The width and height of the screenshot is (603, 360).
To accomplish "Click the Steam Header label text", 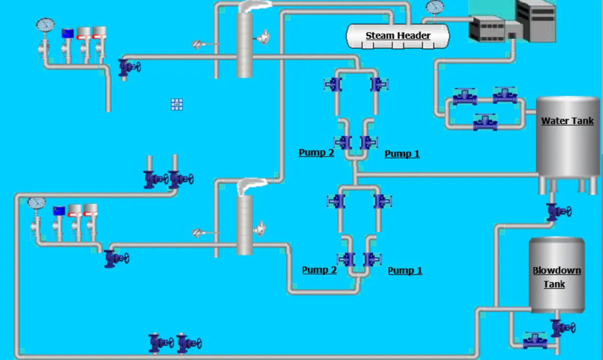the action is [x=397, y=35].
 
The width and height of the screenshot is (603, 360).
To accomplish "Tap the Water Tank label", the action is [x=567, y=121].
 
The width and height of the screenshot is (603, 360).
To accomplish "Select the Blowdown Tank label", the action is [x=556, y=277].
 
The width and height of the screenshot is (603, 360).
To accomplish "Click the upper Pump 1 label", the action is [x=402, y=154].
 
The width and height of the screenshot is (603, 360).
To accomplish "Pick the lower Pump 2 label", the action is [x=319, y=270].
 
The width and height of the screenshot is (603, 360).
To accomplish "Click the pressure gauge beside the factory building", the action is [x=435, y=7].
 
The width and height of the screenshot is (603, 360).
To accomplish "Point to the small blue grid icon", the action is [x=177, y=104].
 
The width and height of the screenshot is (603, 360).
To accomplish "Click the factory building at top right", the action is [x=512, y=21].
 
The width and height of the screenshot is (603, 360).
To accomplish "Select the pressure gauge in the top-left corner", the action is [x=46, y=25].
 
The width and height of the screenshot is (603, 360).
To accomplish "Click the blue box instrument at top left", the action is [x=68, y=34].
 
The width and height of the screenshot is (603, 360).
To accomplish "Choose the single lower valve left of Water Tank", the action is [x=486, y=122].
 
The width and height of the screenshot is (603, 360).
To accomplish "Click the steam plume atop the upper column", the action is [x=254, y=6].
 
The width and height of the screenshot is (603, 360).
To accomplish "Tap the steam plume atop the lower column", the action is [x=251, y=186].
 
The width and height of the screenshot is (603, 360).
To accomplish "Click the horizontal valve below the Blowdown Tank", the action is [x=535, y=341].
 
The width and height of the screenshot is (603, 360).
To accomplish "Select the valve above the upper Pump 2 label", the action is [x=342, y=142].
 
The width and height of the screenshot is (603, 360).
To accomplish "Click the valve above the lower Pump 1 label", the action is [x=372, y=259].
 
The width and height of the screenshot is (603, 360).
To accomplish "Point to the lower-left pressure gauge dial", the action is [x=37, y=203].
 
